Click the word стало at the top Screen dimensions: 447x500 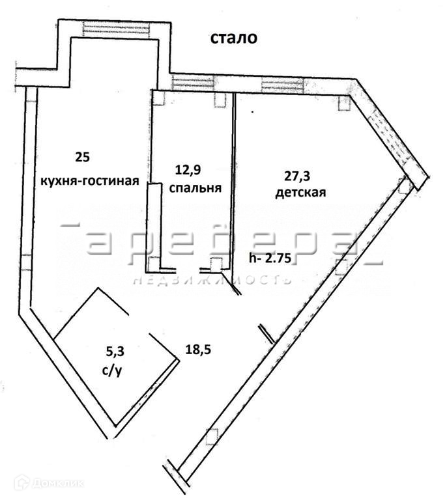(x=233, y=38)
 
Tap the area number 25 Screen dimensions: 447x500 (x=82, y=157)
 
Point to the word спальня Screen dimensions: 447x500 (x=195, y=188)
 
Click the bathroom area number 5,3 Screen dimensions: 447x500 (x=115, y=352)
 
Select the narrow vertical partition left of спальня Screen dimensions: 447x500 (x=153, y=225)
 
